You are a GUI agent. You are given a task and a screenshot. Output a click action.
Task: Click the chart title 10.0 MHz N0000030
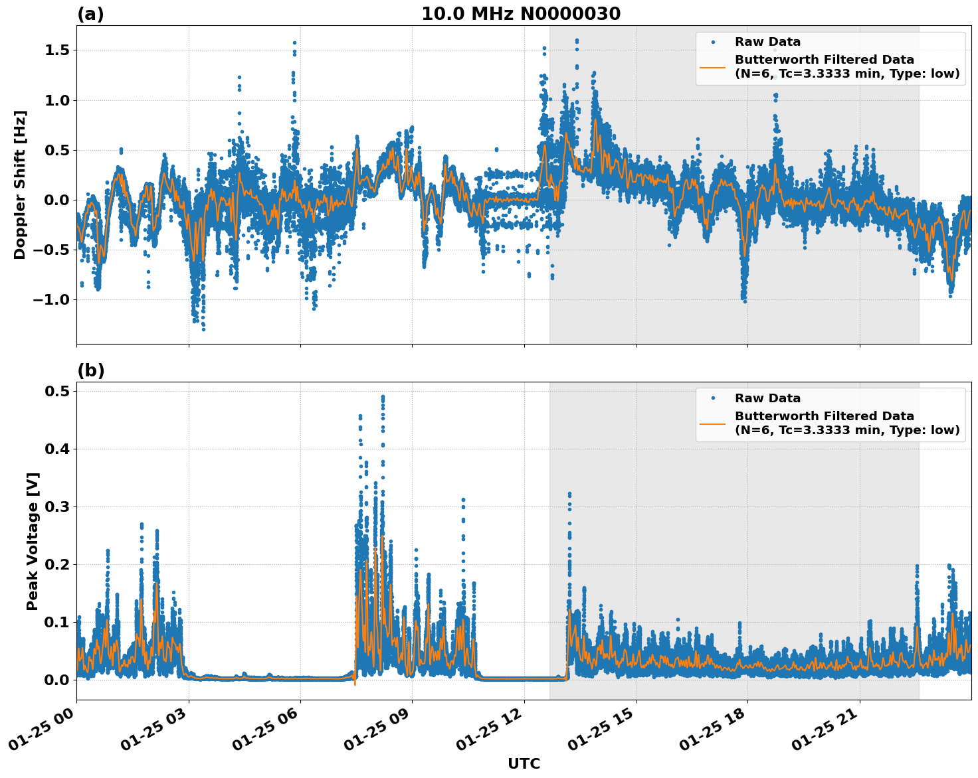pyautogui.click(x=521, y=14)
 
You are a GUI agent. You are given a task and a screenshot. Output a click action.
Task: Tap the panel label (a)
pyautogui.click(x=90, y=14)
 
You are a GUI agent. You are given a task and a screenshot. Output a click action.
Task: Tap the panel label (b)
pyautogui.click(x=90, y=370)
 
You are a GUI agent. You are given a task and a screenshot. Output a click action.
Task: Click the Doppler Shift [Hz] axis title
pyautogui.click(x=20, y=185)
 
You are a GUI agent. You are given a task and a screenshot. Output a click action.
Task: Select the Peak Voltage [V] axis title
pyautogui.click(x=33, y=541)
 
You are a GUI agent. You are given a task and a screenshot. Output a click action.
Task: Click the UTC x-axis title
pyautogui.click(x=524, y=763)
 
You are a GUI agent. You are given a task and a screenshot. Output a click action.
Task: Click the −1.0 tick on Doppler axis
pyautogui.click(x=50, y=300)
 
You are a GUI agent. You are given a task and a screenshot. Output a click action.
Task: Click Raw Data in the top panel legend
pyautogui.click(x=767, y=42)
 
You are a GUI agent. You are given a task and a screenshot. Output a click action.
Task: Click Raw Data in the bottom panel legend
pyautogui.click(x=767, y=398)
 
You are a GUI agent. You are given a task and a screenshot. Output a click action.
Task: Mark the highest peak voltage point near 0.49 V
pyautogui.click(x=383, y=397)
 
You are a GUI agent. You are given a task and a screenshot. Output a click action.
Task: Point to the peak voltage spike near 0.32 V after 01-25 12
pyautogui.click(x=569, y=495)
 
